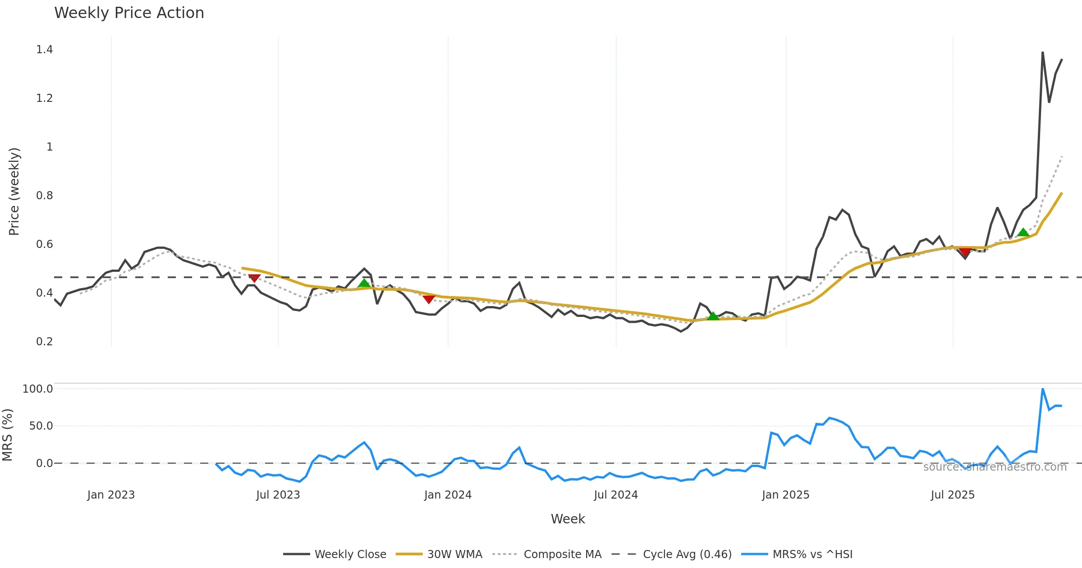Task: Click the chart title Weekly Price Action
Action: [129, 13]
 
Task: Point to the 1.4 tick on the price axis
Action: [44, 50]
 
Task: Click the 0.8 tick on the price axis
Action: [44, 196]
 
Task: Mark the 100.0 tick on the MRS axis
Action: [37, 389]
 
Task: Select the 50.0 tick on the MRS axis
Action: [41, 426]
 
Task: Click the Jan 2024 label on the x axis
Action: [448, 495]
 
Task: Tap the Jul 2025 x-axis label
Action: [953, 495]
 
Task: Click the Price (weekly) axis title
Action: [14, 192]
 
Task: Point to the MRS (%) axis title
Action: [7, 435]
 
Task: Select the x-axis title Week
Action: [568, 519]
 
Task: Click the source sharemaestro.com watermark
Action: [995, 467]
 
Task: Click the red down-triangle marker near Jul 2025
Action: [965, 251]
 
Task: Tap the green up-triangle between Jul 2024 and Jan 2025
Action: [713, 316]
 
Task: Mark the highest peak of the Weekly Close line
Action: [1043, 52]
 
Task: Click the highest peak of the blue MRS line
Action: [1043, 389]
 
